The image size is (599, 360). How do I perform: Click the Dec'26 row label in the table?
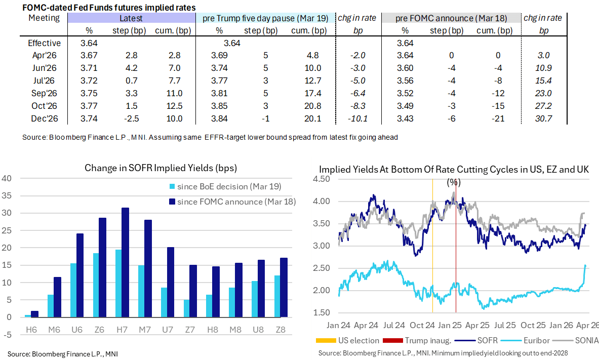[x=44, y=118]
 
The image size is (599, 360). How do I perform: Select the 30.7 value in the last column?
[x=544, y=118]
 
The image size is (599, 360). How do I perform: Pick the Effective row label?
[x=44, y=43]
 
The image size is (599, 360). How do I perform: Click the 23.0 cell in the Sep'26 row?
[x=544, y=93]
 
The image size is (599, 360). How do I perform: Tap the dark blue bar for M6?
[x=57, y=297]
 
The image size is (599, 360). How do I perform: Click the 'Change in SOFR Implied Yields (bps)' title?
[x=161, y=168]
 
